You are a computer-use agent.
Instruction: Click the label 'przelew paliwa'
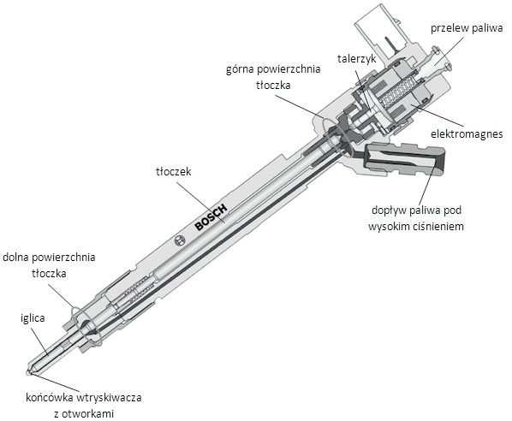(x=467, y=28)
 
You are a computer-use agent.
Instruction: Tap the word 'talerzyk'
(x=356, y=59)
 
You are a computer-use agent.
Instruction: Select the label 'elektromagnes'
(x=467, y=133)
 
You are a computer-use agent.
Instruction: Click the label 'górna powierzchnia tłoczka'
(x=273, y=77)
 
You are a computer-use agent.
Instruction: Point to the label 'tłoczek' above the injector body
(x=174, y=172)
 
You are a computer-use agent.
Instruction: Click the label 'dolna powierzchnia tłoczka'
(x=49, y=264)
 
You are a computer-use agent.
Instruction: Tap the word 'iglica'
(x=33, y=318)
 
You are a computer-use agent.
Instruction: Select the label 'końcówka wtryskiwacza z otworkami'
(x=84, y=406)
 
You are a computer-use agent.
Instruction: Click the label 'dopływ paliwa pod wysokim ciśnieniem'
(x=416, y=218)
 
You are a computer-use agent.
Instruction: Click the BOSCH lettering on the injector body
(x=211, y=217)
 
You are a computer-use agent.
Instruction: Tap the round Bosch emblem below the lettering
(x=180, y=240)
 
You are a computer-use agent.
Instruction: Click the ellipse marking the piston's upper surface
(x=336, y=136)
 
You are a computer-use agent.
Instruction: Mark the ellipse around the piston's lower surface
(x=85, y=326)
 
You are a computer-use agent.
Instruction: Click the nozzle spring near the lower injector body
(x=138, y=289)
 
